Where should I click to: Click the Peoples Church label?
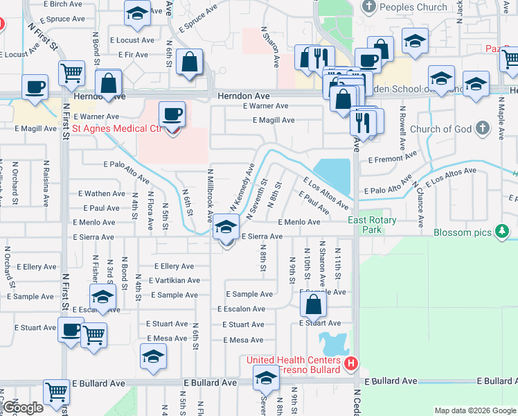click(x=413, y=8)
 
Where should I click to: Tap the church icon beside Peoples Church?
click(x=368, y=7)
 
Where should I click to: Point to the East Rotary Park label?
click(x=364, y=225)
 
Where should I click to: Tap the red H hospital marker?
click(x=351, y=363)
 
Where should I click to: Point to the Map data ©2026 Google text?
click(x=474, y=410)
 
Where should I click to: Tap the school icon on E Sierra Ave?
click(x=225, y=227)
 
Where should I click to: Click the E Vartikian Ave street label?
click(x=168, y=281)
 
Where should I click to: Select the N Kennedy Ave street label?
click(x=243, y=187)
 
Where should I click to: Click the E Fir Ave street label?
click(x=133, y=54)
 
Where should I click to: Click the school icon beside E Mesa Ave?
click(x=153, y=356)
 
